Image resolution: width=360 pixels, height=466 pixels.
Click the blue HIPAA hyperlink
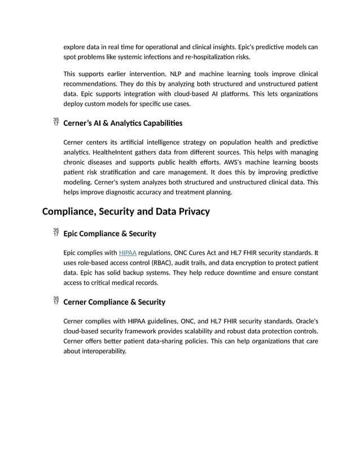[128, 253]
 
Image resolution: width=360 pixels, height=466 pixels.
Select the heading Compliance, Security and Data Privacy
[126, 212]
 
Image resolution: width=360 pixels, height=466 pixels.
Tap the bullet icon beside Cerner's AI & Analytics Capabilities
[55, 122]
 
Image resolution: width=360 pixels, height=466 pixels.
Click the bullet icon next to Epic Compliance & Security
[55, 232]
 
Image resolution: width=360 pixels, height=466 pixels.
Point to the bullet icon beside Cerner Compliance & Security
[55, 301]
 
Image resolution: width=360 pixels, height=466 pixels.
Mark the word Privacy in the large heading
[191, 212]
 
